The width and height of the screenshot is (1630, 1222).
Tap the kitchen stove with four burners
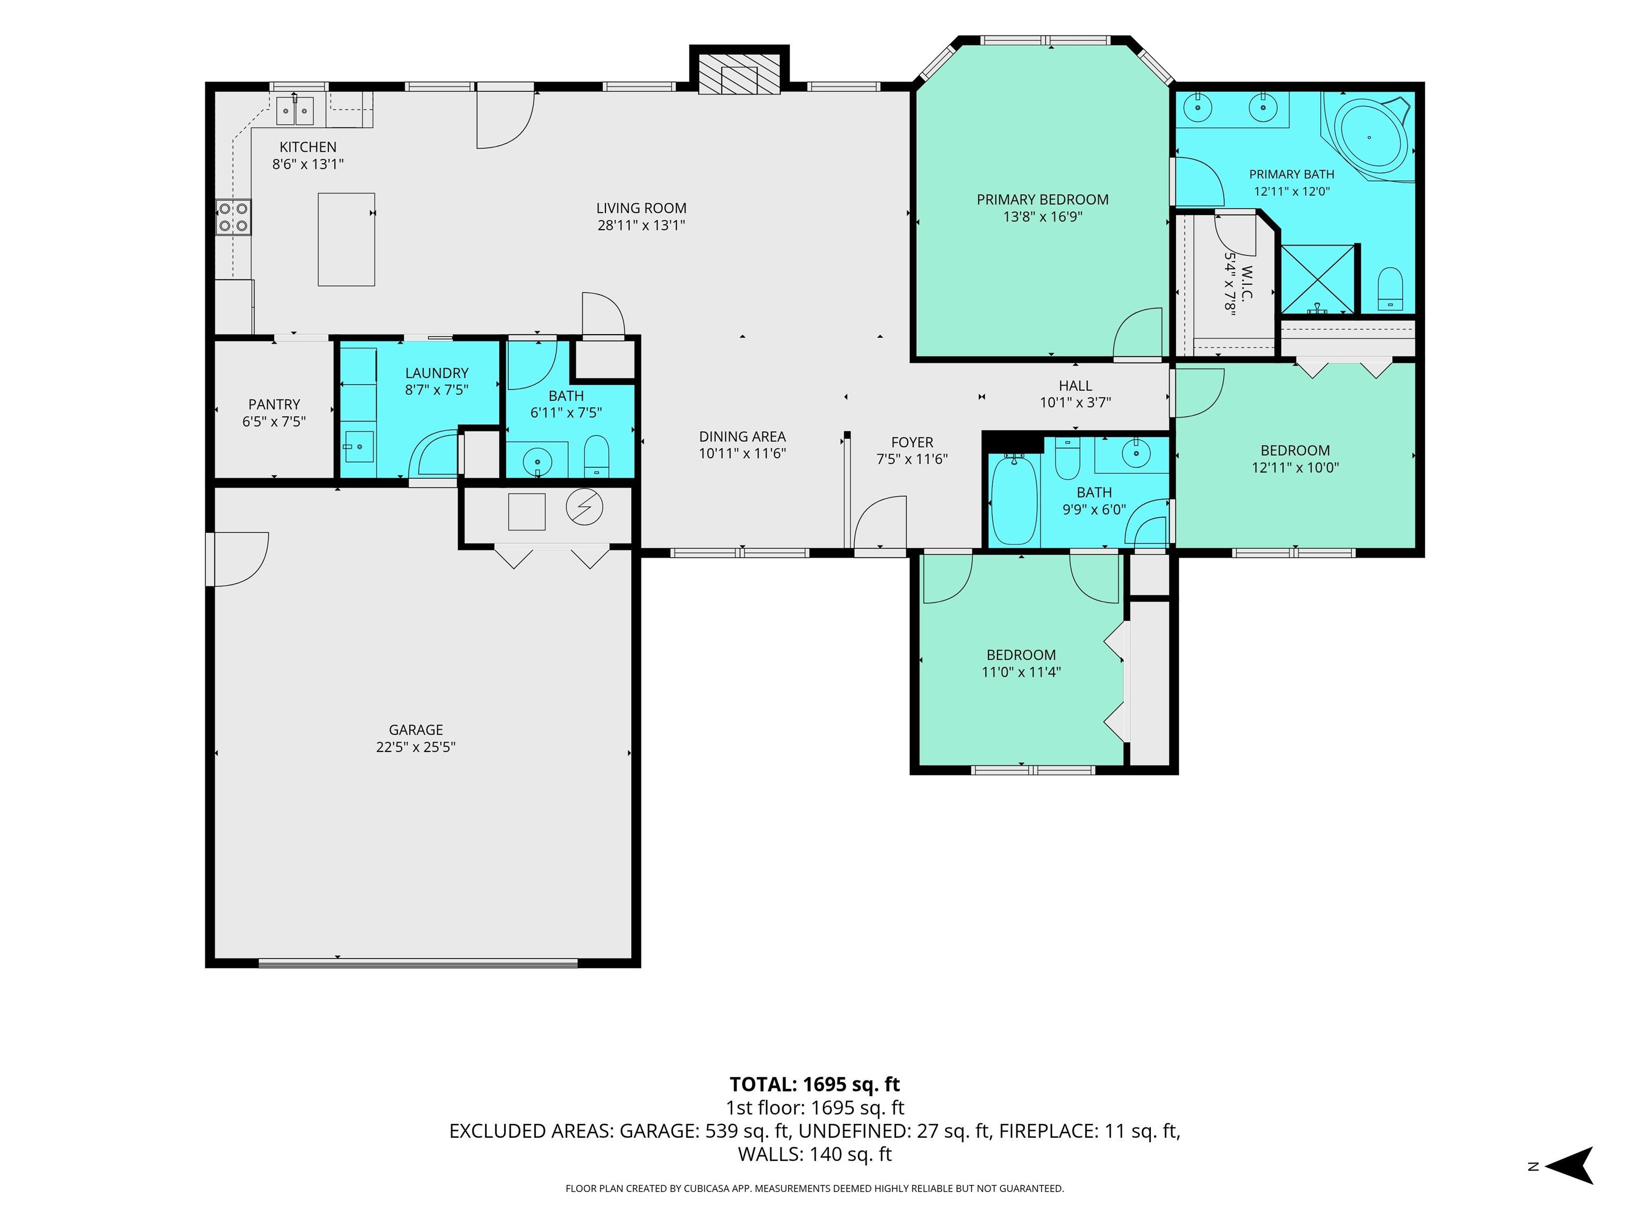click(233, 217)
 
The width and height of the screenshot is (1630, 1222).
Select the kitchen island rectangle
click(346, 239)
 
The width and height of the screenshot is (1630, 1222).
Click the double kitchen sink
click(295, 110)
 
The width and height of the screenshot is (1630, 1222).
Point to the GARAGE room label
click(415, 730)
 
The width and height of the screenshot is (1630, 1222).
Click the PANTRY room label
click(274, 404)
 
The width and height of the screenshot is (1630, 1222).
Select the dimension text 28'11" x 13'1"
click(641, 225)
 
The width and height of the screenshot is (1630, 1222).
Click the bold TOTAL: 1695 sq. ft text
click(814, 1084)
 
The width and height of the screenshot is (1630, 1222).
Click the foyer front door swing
click(880, 522)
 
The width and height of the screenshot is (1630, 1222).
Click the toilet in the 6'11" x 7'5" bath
click(596, 456)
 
